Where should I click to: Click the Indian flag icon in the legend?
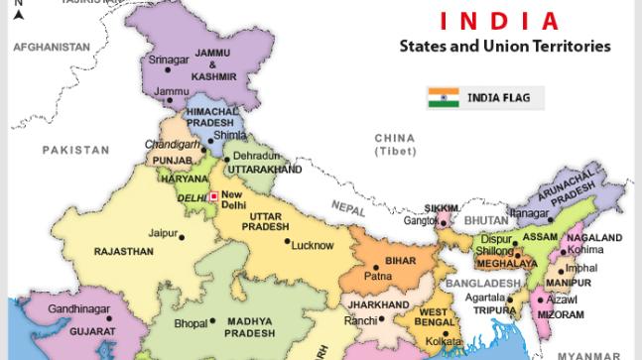tap(443, 97)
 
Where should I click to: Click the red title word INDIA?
tap(498, 20)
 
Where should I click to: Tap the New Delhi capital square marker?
tap(212, 196)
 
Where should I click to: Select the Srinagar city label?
tap(169, 60)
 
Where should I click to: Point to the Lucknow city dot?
tap(288, 241)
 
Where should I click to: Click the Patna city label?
tap(377, 276)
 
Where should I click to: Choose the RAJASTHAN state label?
tap(124, 252)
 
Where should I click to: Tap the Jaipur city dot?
tap(182, 236)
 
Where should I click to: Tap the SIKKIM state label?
tap(442, 208)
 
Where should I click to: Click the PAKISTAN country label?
tap(75, 150)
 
